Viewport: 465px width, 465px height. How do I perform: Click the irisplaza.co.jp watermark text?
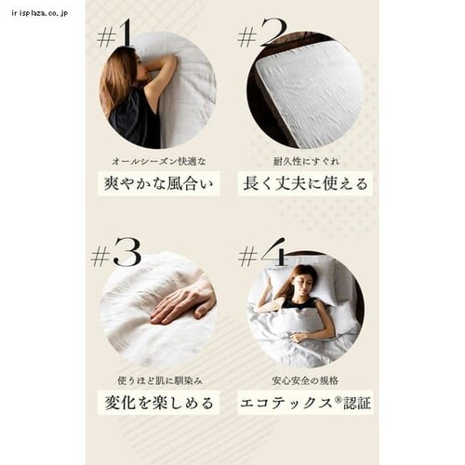[x=40, y=13]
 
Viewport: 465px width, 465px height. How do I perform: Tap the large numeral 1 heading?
[x=125, y=33]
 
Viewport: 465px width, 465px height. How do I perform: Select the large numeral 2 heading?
[x=273, y=33]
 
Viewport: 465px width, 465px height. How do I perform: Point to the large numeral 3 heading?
[x=127, y=253]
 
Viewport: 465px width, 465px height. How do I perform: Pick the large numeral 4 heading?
[x=273, y=252]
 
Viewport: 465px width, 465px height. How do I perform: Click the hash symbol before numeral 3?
[x=100, y=257]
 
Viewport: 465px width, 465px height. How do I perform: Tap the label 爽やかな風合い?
[x=158, y=183]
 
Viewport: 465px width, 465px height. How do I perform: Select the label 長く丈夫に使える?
[x=305, y=183]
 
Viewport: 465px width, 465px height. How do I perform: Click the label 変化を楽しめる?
[x=159, y=403]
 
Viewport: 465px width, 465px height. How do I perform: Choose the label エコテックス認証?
[x=305, y=403]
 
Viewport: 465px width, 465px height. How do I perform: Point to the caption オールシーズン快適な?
[x=159, y=161]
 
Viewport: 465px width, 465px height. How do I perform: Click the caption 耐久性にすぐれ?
[x=306, y=161]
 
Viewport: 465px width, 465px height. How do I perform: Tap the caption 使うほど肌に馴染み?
[x=160, y=380]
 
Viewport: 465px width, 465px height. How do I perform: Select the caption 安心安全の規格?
[x=305, y=380]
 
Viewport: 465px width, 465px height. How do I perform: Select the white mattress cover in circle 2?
[x=310, y=93]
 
